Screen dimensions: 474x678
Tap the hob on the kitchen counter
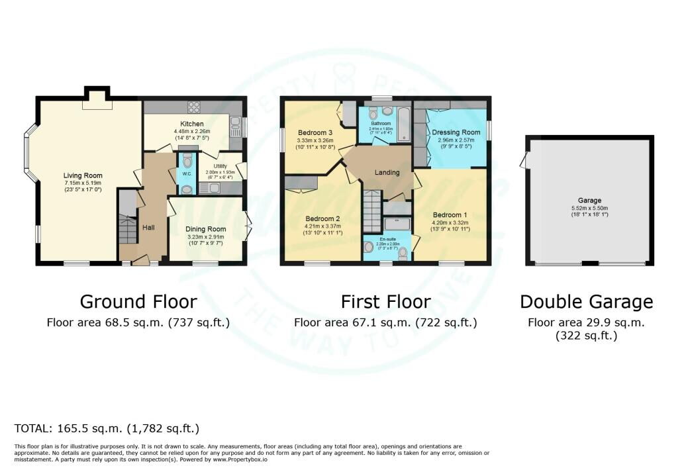coord(195,107)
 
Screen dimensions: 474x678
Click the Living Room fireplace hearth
coord(97,104)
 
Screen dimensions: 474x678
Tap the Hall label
coord(148,227)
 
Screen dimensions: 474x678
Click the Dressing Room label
coord(456,132)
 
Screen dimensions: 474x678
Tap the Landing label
coord(387,173)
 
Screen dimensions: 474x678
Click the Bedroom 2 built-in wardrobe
coord(302,183)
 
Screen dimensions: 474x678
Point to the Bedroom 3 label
coord(308,132)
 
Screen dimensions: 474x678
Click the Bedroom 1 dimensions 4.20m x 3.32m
coord(450,223)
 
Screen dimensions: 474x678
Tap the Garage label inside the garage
coord(589,200)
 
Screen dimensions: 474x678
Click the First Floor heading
coord(385,302)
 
